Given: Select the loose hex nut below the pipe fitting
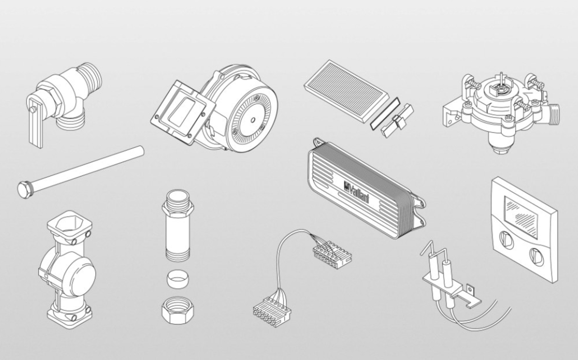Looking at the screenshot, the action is point(177,310).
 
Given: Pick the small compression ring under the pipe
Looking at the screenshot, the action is point(177,279).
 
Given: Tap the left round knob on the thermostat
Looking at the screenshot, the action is point(506,240).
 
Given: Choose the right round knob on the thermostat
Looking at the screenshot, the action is point(537,256).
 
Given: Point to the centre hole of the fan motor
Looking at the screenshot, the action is point(252,120).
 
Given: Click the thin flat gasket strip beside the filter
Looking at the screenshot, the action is point(385,113).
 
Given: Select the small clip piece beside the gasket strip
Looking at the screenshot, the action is point(397,120).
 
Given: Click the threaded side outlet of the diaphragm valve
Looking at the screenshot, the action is point(554,114).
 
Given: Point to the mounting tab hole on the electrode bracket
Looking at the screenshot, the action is point(470,289).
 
